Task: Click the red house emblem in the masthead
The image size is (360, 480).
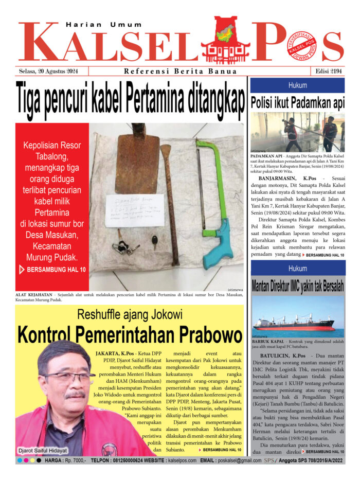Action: click(225, 40)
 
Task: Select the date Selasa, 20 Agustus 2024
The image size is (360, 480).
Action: click(47, 72)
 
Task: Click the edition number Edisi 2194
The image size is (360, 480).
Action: click(328, 72)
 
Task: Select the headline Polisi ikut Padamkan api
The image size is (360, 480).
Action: click(297, 102)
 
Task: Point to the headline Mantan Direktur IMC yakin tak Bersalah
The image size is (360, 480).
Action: click(297, 287)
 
